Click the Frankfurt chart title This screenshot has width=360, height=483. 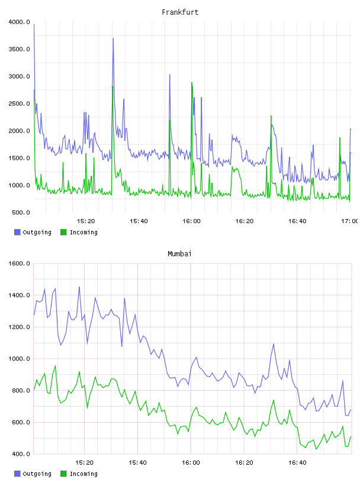click(x=180, y=12)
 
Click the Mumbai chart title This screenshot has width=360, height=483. click(x=179, y=254)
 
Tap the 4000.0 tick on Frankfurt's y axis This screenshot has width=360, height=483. click(x=20, y=22)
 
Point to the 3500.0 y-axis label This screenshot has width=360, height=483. click(x=20, y=49)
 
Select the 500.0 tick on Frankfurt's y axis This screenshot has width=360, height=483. click(x=21, y=212)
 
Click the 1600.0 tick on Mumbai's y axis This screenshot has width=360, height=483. click(x=20, y=263)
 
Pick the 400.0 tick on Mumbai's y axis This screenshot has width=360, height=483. click(x=21, y=454)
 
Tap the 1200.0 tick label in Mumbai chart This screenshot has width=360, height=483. click(x=20, y=327)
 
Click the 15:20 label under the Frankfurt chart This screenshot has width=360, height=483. click(x=86, y=221)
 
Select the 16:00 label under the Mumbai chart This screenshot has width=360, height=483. click(x=191, y=463)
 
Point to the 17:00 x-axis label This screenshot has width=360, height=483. click(x=349, y=221)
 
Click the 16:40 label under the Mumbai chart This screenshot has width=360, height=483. click(x=297, y=463)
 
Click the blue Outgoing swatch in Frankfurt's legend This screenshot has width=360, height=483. click(x=17, y=232)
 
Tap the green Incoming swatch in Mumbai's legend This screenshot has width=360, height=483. click(x=63, y=474)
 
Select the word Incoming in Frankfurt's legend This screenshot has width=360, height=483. click(x=83, y=233)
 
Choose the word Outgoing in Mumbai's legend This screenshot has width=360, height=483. click(x=37, y=474)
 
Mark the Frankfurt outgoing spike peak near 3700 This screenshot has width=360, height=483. click(x=114, y=38)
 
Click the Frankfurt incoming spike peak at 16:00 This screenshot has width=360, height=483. click(x=192, y=82)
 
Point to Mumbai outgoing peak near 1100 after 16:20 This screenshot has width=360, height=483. click(x=274, y=344)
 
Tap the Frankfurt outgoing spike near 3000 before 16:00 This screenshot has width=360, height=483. click(x=169, y=75)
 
